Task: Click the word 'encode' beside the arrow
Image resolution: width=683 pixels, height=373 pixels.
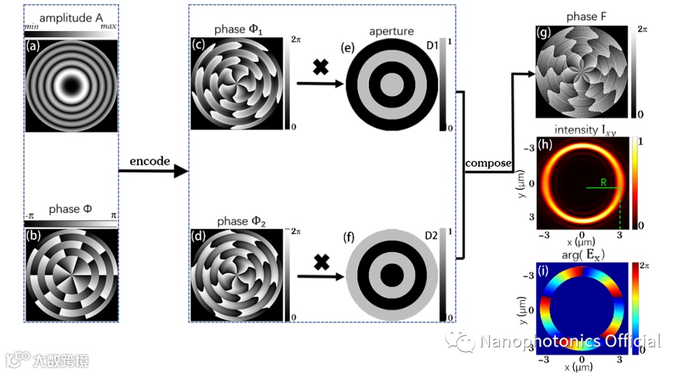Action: click(150, 161)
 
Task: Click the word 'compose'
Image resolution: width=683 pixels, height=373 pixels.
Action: click(488, 163)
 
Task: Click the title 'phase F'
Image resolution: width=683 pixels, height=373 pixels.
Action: click(582, 17)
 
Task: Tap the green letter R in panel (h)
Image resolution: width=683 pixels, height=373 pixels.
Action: click(604, 182)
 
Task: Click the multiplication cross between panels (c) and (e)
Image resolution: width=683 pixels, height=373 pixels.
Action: click(321, 68)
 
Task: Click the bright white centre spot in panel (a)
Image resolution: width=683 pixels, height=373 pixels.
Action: click(71, 83)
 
